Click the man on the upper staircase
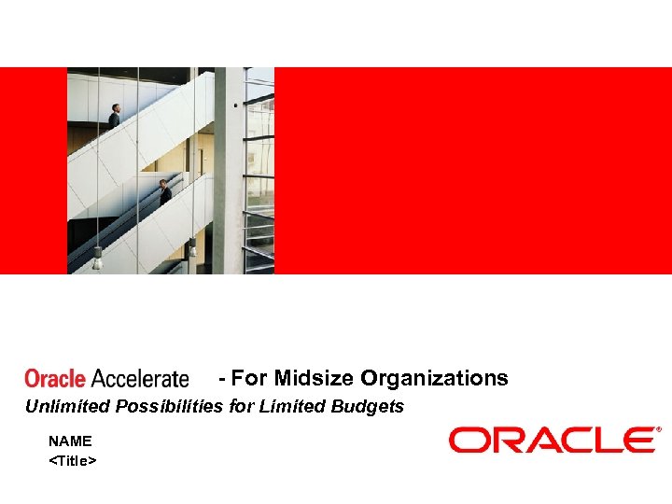pos(115,116)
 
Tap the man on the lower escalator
pos(165,192)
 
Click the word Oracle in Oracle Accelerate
pos(55,379)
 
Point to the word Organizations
pos(434,378)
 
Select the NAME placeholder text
pos(70,441)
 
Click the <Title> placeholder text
pos(73,460)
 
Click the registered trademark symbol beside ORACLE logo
pos(659,430)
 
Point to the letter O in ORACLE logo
pos(468,440)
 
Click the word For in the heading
pos(249,378)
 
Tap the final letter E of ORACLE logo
pos(639,440)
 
